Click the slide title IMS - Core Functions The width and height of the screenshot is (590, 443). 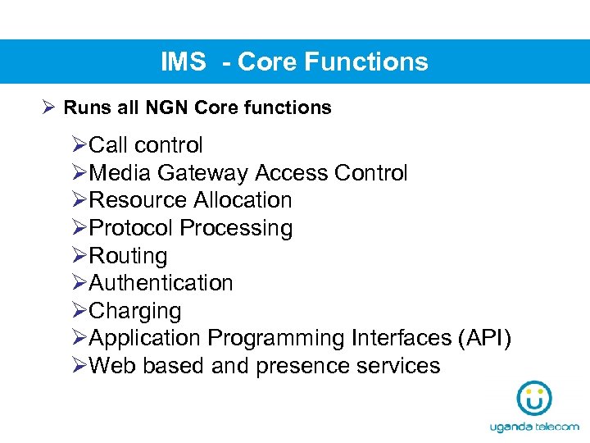point(294,62)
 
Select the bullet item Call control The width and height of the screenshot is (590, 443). point(145,145)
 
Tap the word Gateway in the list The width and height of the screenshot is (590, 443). point(202,173)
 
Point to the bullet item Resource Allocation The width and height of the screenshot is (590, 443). point(190,200)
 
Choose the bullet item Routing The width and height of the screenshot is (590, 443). point(128,256)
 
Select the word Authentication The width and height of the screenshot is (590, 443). point(161,283)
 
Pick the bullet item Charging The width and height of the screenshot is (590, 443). point(135,311)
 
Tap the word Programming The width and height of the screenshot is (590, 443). point(276,338)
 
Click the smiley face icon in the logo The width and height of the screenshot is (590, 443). point(534,398)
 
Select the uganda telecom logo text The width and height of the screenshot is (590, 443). point(534,427)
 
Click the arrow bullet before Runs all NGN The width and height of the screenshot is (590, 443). point(48,107)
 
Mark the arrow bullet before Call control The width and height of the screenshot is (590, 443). point(79,145)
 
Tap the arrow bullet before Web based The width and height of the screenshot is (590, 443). point(79,366)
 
